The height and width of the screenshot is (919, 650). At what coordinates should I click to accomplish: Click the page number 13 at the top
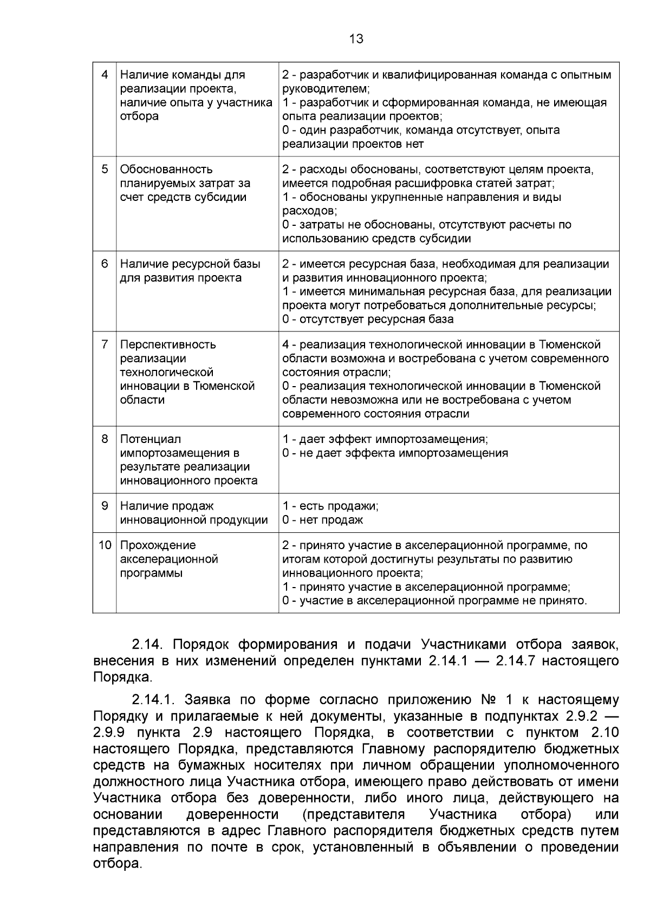[356, 39]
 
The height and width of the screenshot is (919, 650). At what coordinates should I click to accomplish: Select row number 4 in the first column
[105, 75]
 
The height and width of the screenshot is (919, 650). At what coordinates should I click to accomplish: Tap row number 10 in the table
[105, 545]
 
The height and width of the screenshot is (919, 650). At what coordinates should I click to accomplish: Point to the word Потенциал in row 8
[150, 439]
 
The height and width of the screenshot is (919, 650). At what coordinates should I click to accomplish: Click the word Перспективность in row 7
[167, 345]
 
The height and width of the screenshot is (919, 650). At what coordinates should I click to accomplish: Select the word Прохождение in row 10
[158, 545]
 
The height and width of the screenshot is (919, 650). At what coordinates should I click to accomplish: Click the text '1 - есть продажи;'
[330, 506]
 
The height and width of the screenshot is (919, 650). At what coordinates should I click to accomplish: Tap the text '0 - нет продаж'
[322, 520]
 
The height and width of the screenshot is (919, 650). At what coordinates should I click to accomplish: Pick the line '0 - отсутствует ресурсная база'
[368, 319]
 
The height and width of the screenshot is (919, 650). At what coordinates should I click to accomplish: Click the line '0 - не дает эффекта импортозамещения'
[395, 453]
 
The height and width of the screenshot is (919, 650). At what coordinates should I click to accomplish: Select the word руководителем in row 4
[325, 89]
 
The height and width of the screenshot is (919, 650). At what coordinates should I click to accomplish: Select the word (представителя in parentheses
[353, 815]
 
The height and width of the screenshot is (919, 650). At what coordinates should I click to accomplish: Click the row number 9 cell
[105, 506]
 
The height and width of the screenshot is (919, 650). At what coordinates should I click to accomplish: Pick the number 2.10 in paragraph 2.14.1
[601, 733]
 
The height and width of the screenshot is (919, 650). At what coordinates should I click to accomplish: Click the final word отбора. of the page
[117, 864]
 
